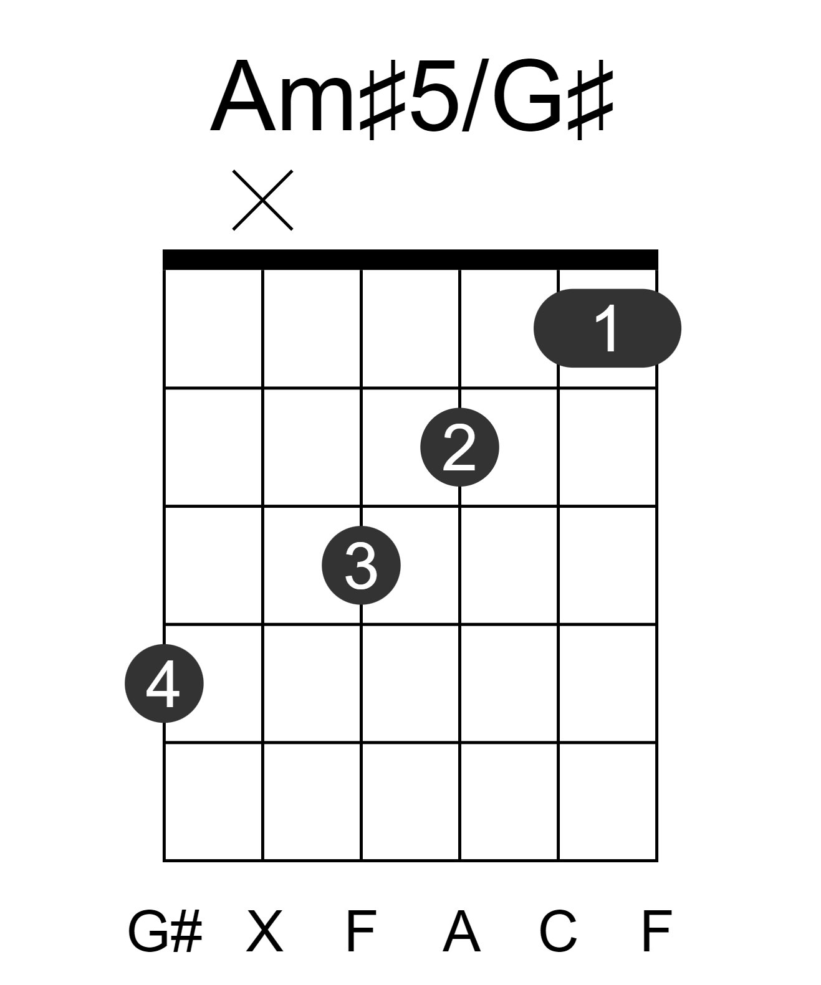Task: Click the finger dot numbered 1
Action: [607, 328]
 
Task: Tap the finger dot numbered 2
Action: [459, 447]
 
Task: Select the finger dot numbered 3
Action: [361, 565]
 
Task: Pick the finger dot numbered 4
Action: [164, 683]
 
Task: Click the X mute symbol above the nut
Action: [262, 200]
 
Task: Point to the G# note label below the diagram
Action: [165, 931]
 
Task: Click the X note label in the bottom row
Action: [264, 931]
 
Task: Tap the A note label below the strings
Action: [461, 931]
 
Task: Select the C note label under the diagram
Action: [557, 931]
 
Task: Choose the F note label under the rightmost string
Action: [656, 931]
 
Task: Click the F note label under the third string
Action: [362, 931]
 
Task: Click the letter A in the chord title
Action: [242, 95]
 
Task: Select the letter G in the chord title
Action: [528, 95]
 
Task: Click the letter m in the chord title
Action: [318, 105]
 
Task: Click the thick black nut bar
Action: [410, 259]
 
